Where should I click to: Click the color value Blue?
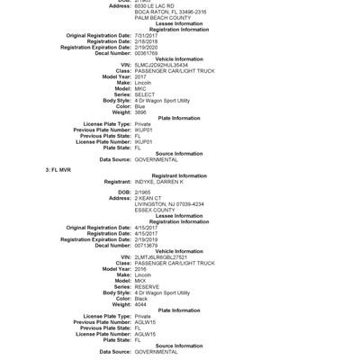[141, 105]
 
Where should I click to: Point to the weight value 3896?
[141, 112]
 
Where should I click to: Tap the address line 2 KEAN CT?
[148, 198]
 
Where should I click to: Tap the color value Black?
[142, 298]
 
